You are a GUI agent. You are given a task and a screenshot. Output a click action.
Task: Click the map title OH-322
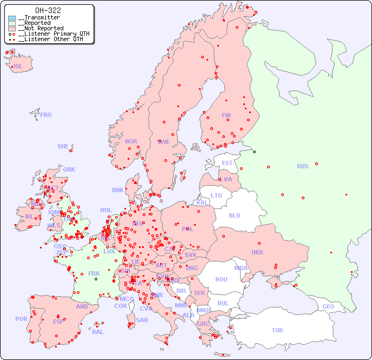[48, 10]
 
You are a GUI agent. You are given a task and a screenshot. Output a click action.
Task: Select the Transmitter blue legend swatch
[12, 18]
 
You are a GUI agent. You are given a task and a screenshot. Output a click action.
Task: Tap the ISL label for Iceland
[18, 67]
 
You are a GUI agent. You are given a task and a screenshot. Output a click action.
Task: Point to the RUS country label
[302, 166]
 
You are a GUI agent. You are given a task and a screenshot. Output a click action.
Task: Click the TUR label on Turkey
[277, 330]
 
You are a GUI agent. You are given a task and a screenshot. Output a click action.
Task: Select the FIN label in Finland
[226, 115]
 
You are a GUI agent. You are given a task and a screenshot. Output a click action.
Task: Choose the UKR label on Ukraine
[257, 252]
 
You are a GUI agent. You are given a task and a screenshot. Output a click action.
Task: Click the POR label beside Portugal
[21, 319]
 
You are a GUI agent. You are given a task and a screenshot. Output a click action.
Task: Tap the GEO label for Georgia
[328, 306]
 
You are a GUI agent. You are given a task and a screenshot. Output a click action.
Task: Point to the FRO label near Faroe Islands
[46, 115]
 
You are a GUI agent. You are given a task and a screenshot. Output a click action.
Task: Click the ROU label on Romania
[221, 279]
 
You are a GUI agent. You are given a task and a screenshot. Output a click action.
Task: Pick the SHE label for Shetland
[63, 146]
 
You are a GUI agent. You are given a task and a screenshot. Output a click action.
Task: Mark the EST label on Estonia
[227, 163]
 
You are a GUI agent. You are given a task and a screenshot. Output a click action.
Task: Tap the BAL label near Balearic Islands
[98, 332]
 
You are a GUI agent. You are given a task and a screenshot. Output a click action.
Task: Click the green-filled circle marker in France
[96, 278]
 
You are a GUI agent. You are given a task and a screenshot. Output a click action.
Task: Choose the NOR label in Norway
[131, 141]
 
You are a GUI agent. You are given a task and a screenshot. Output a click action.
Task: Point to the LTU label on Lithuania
[216, 195]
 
